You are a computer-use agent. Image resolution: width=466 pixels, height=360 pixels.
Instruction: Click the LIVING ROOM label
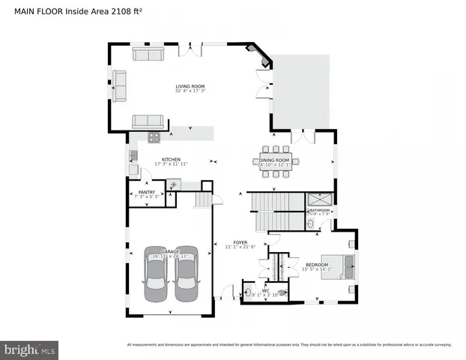point(190,87)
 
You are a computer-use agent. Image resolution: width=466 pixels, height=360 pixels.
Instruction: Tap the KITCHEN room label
point(171,159)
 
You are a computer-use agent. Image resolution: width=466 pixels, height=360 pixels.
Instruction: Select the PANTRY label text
point(146,193)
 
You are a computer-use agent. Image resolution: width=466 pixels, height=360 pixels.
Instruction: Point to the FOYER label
point(240,242)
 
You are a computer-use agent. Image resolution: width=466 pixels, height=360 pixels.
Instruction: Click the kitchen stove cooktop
point(154,137)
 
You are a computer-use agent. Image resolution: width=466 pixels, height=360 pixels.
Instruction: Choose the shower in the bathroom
point(321,199)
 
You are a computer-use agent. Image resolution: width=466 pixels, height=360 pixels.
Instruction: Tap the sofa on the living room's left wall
point(119,85)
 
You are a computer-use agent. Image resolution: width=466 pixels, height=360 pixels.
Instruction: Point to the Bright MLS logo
point(30,349)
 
